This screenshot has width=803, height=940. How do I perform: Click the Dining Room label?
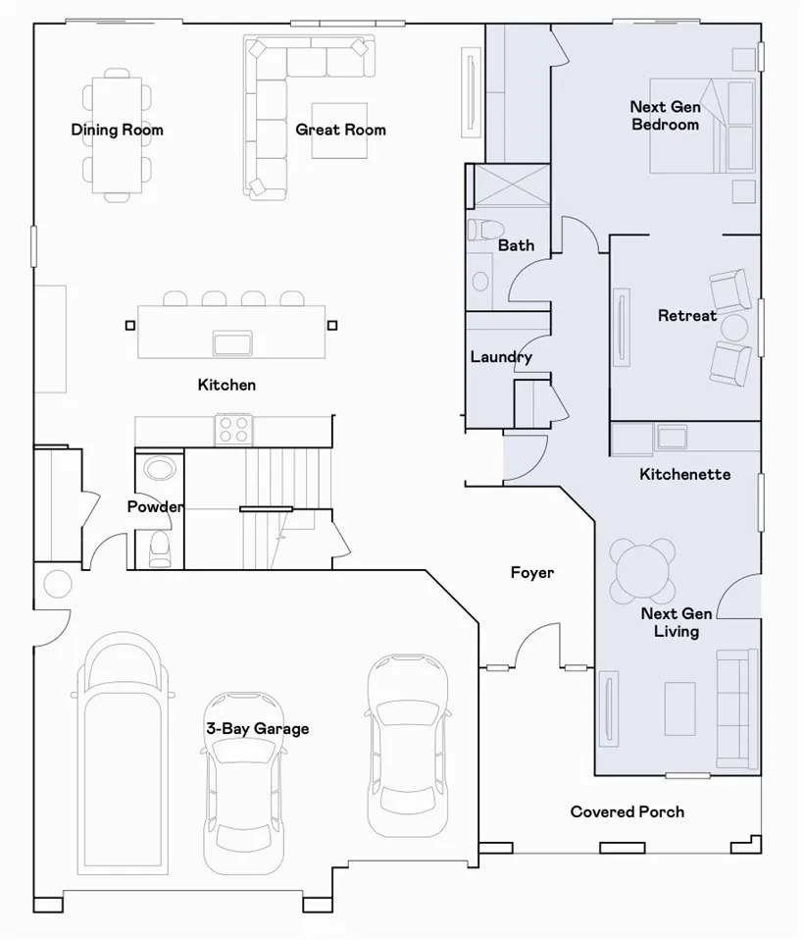(117, 131)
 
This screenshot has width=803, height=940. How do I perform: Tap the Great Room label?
(340, 131)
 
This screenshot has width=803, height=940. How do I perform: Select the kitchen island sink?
(232, 343)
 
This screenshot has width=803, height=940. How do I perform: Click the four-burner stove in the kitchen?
(233, 429)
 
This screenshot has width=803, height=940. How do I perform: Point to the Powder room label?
(155, 507)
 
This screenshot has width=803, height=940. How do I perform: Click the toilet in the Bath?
(486, 230)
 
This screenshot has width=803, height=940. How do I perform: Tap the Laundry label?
(501, 357)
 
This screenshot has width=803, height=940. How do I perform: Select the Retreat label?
(686, 315)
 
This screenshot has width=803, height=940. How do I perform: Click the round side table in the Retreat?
(734, 328)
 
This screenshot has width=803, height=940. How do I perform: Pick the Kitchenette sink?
(672, 437)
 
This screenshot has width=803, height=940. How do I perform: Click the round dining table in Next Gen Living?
(642, 571)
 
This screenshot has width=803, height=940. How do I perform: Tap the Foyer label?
(532, 572)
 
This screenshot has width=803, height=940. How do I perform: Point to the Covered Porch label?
(627, 811)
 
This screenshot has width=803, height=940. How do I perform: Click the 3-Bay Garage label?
(258, 729)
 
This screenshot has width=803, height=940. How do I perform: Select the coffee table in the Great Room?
(339, 131)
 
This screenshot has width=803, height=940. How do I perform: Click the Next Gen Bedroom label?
(665, 116)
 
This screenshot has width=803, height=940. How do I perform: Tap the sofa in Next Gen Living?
(736, 708)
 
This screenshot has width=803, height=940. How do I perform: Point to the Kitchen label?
(226, 385)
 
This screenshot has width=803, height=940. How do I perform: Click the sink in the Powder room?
(159, 469)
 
